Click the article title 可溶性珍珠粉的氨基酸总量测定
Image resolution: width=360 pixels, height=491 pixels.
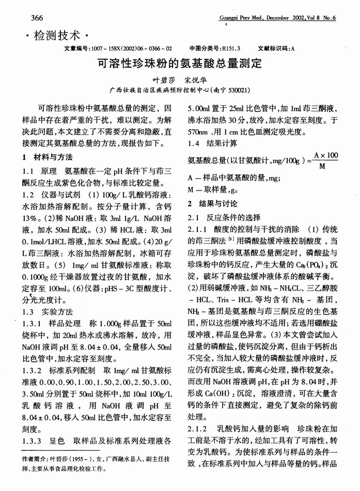[180, 65]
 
